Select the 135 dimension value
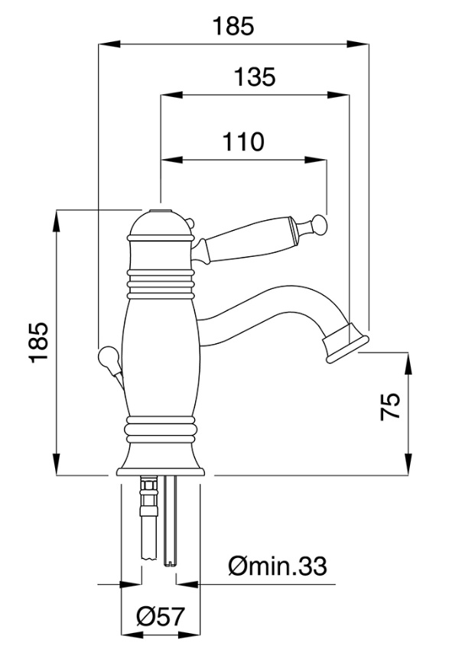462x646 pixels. pos(254,77)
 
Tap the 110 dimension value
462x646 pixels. pos(243,141)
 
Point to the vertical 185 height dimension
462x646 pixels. pos(40,342)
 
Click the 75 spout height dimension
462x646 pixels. pos(390,406)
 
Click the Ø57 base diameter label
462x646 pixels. pos(161,617)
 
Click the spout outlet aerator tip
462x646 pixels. pos(346,343)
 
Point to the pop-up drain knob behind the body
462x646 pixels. pos(109,357)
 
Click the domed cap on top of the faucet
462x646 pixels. pos(161,225)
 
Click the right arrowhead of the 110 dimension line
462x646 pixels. pos(316,160)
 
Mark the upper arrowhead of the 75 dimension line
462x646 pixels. pos(408,363)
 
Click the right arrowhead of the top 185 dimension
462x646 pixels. pos(357,44)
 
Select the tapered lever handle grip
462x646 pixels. pos(246,243)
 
